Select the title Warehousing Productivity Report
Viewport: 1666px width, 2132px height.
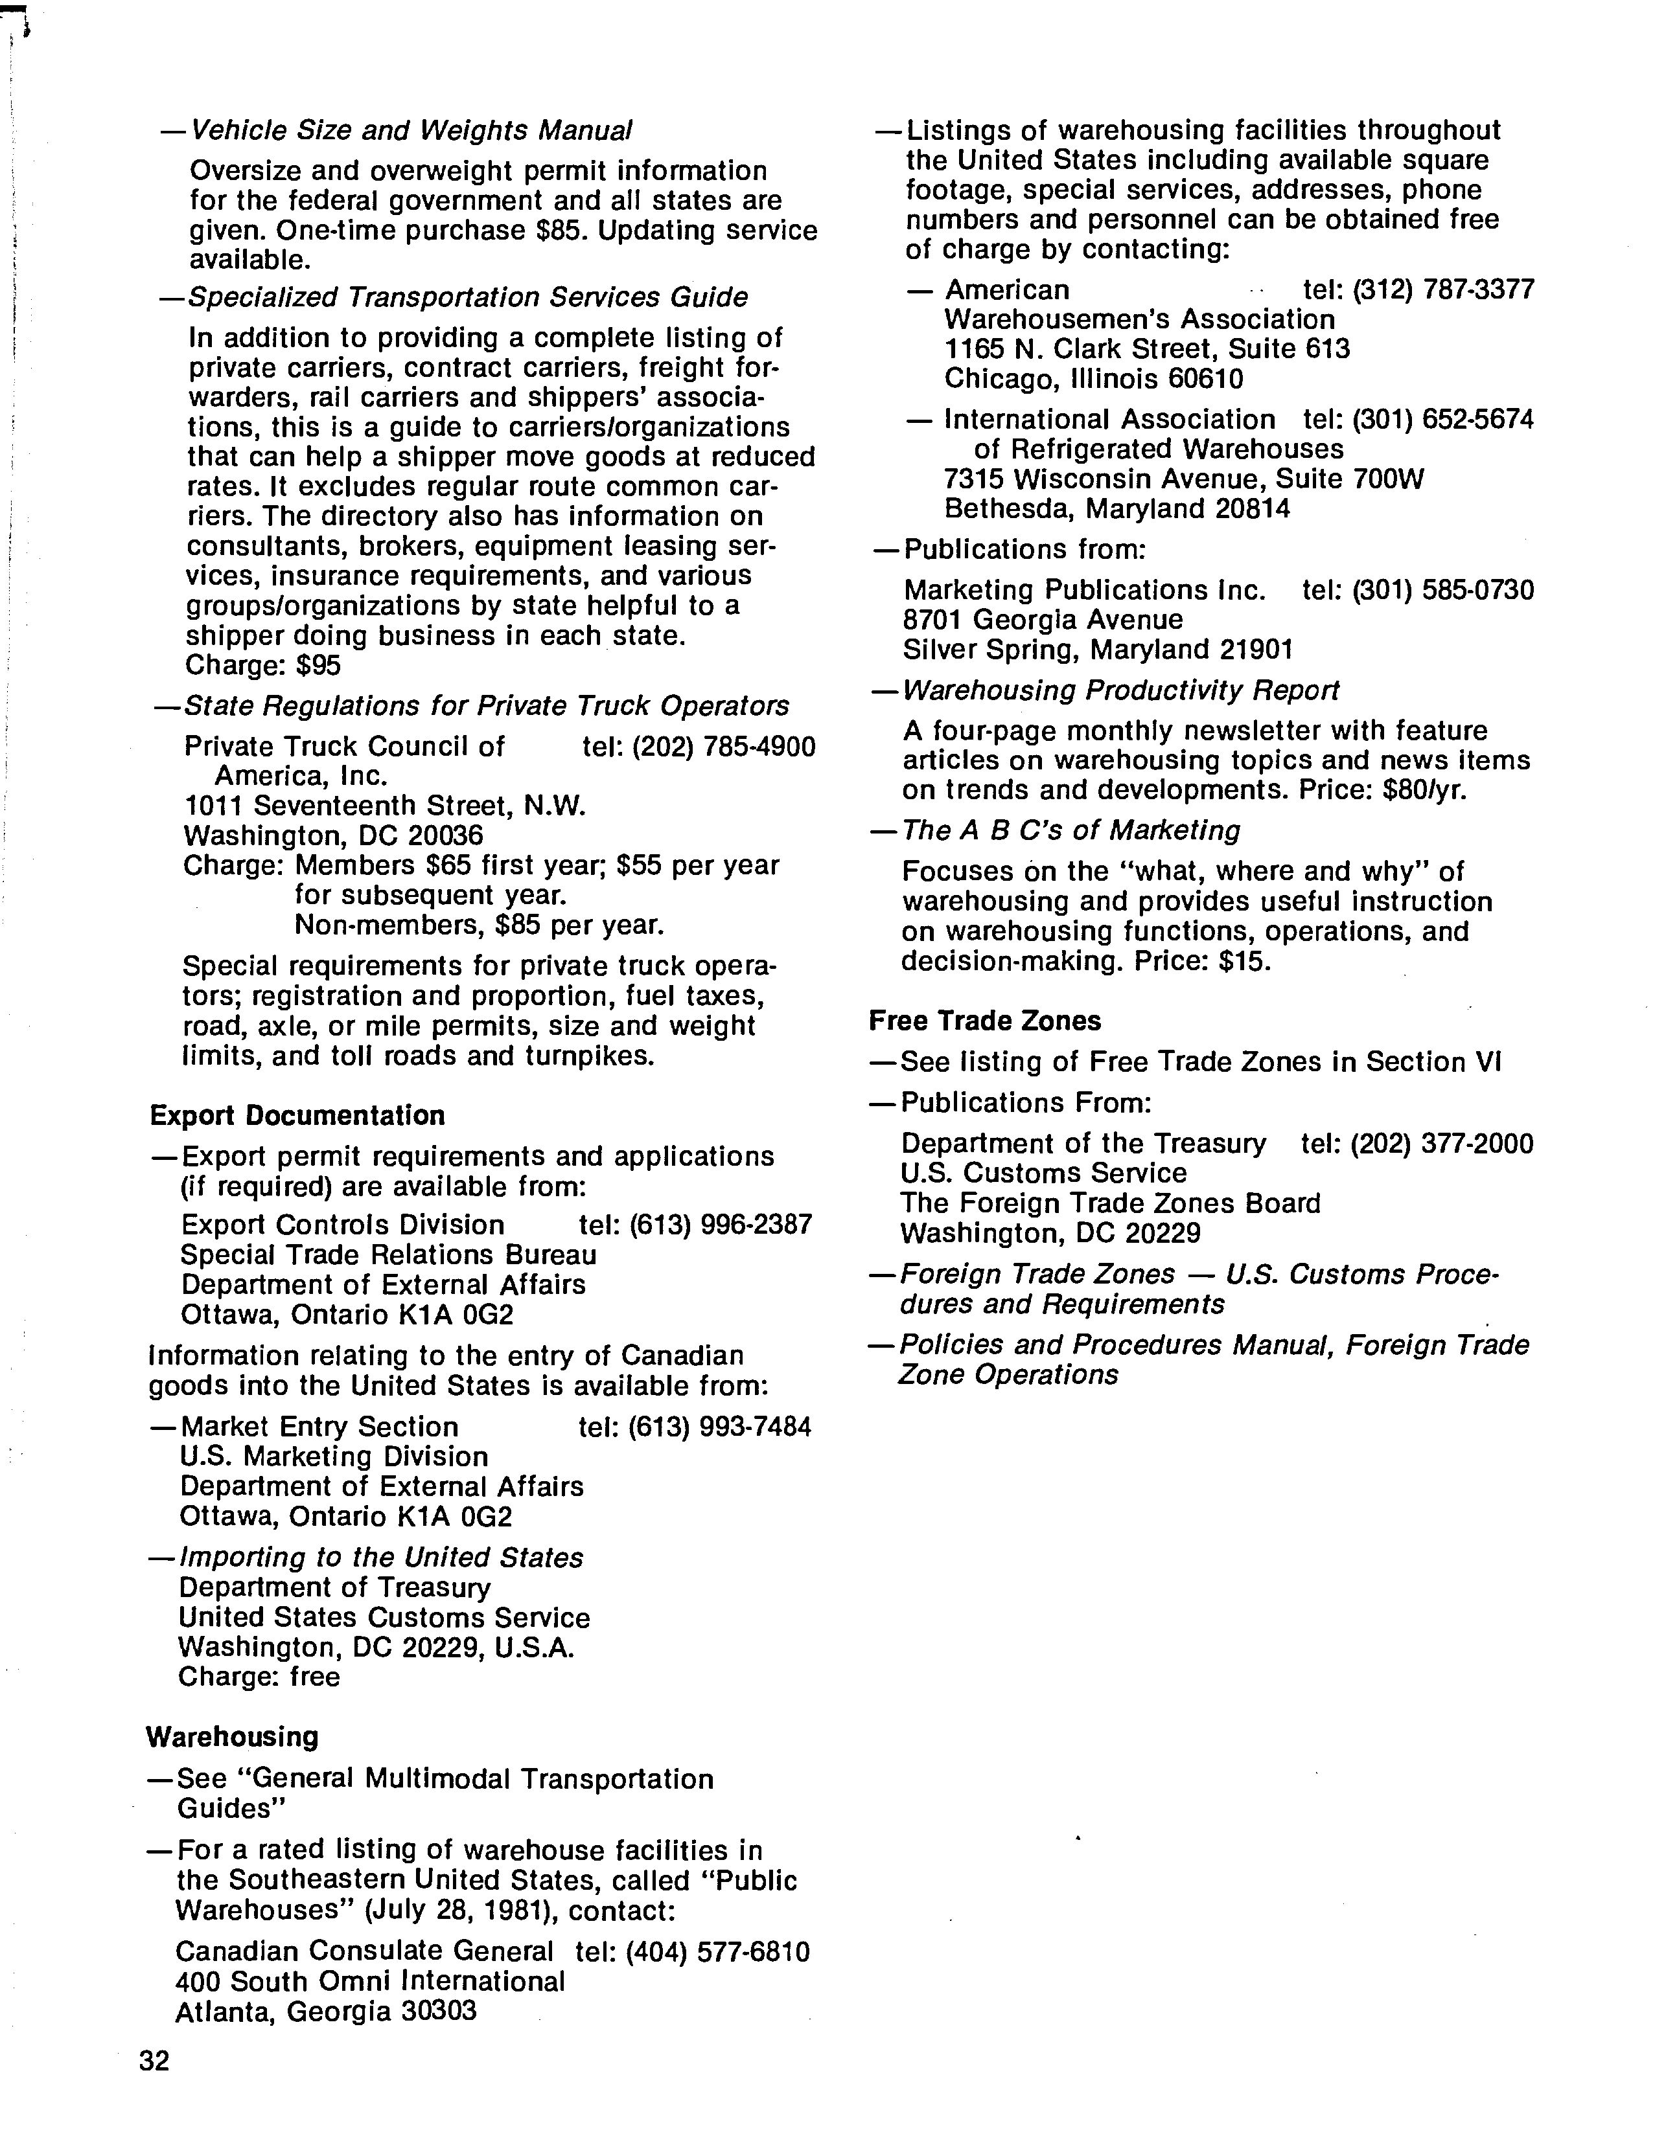pos(1120,690)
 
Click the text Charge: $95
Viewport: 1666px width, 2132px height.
pos(262,666)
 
